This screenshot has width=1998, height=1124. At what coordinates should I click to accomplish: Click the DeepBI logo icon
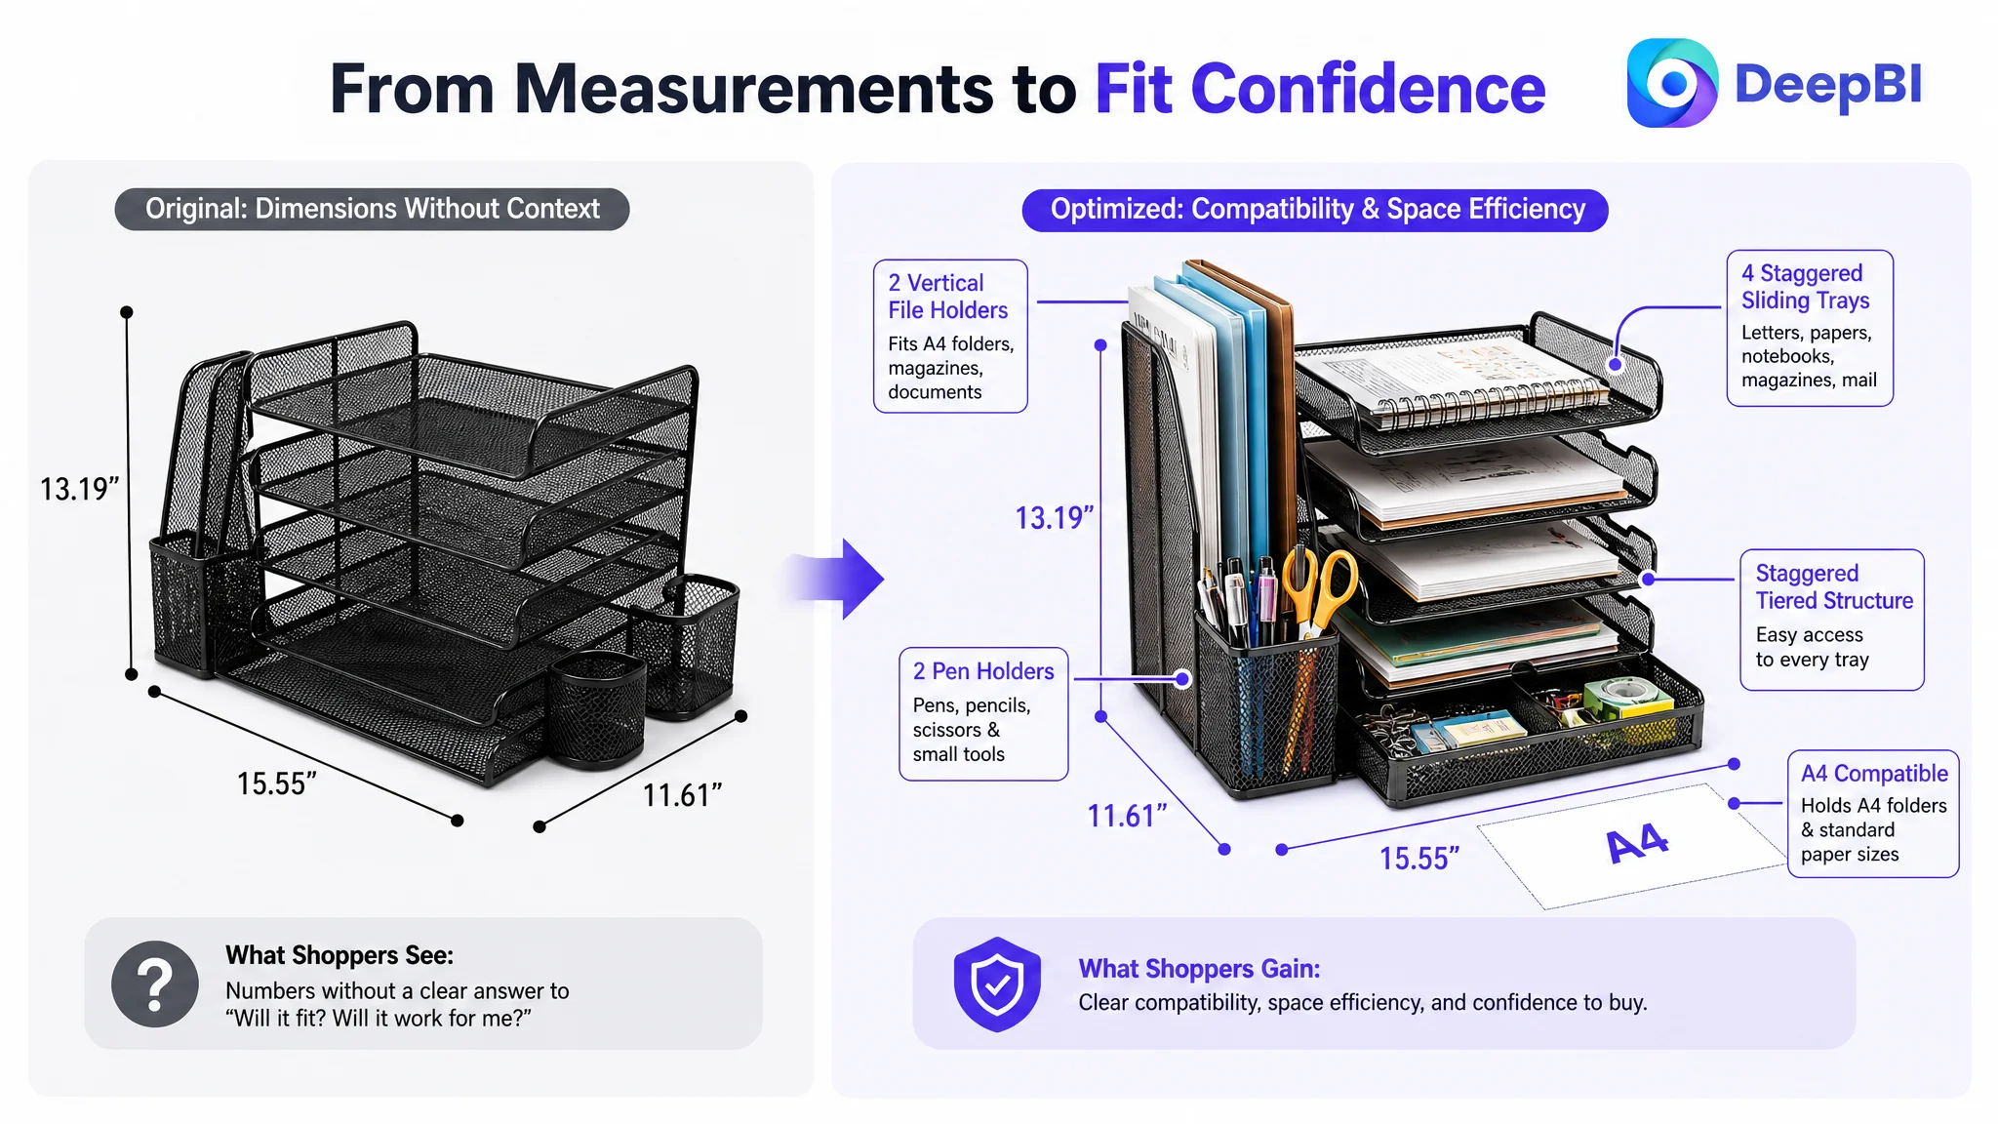point(1672,83)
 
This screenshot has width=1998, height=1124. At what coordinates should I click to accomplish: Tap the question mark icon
point(155,983)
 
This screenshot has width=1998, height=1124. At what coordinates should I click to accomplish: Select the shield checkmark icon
point(997,984)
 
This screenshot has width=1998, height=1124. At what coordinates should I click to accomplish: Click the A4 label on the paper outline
point(1638,843)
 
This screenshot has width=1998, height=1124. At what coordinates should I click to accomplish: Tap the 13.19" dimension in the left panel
point(79,489)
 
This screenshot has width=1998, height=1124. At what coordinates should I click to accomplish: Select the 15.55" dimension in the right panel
point(1419,859)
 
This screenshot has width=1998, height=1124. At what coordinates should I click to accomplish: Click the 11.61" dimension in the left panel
point(682,795)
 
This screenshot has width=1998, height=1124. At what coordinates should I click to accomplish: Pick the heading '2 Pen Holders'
point(983,671)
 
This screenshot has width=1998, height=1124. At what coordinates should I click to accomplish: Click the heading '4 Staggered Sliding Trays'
point(1806,287)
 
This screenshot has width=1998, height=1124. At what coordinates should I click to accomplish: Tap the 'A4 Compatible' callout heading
point(1874,774)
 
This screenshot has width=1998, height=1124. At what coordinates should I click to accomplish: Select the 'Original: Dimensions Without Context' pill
point(372,209)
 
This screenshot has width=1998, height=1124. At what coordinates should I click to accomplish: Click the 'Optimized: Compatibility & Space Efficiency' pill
point(1315,210)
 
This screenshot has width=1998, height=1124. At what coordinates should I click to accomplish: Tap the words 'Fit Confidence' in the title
point(1320,89)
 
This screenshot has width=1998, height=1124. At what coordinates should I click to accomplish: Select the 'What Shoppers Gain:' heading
point(1199,969)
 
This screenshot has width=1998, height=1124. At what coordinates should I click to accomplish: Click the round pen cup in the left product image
point(596,707)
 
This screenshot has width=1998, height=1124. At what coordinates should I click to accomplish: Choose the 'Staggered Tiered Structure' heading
point(1834,587)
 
